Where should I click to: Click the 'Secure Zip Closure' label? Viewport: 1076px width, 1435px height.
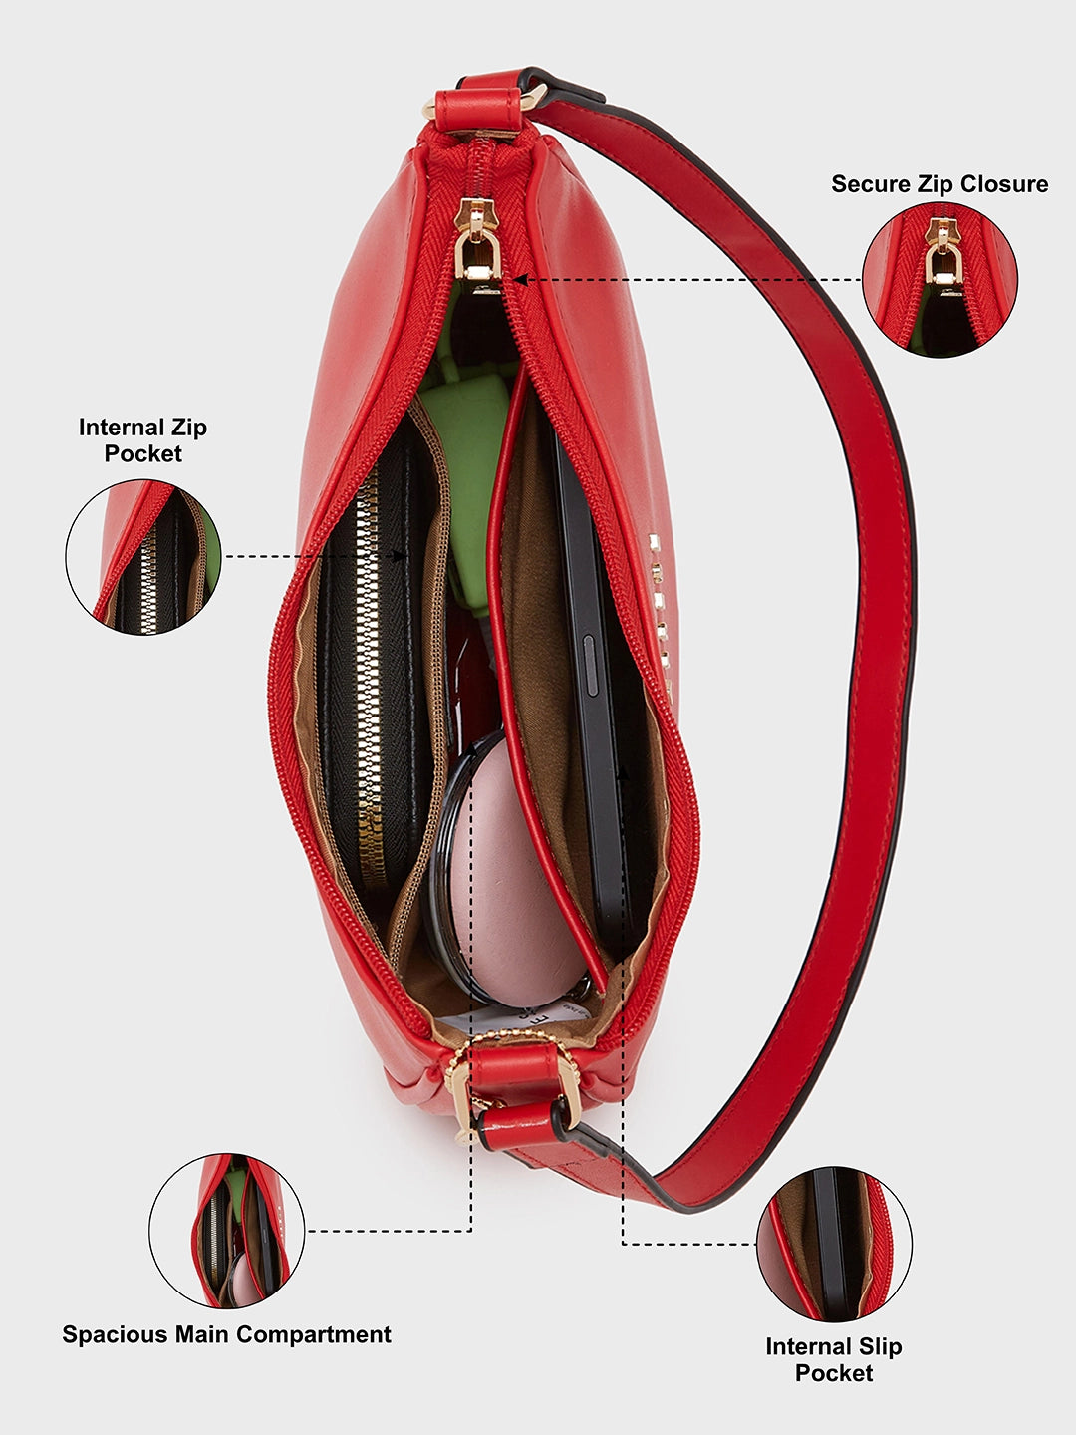(940, 184)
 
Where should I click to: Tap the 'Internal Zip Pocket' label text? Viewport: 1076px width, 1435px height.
(142, 440)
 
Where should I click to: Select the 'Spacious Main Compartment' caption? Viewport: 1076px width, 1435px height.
(226, 1334)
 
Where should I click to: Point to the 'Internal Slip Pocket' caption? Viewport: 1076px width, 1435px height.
(833, 1359)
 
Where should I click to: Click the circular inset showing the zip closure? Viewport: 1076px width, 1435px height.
(940, 280)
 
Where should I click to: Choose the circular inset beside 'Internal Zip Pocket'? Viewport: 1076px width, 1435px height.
(143, 557)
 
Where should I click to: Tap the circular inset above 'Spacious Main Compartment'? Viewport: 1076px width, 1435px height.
(226, 1231)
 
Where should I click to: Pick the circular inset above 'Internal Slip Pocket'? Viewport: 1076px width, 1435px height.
(834, 1244)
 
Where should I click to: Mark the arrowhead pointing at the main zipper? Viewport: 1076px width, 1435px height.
(519, 280)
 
